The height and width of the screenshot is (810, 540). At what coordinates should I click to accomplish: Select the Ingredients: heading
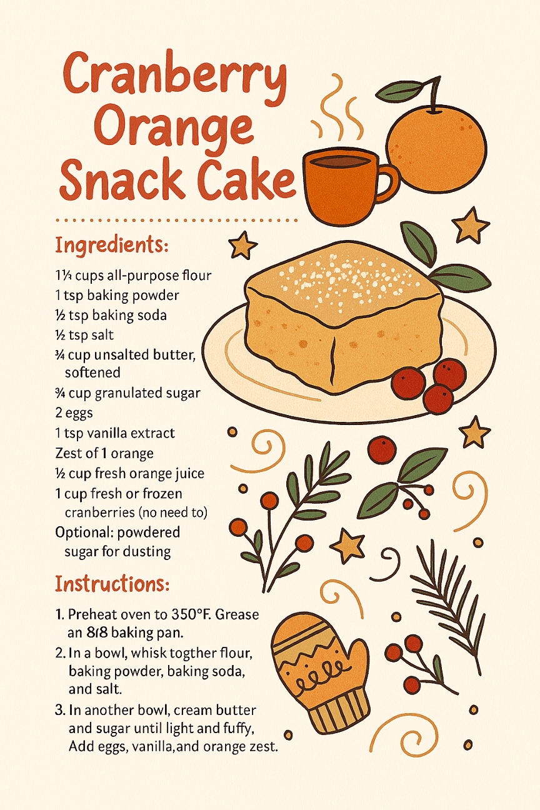click(x=112, y=246)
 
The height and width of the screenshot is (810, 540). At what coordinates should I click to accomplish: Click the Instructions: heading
click(x=112, y=583)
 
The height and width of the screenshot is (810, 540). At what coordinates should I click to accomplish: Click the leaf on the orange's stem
click(x=399, y=91)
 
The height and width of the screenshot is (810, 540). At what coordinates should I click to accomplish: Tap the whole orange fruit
click(x=435, y=147)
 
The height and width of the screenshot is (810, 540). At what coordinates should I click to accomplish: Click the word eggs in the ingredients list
click(x=79, y=413)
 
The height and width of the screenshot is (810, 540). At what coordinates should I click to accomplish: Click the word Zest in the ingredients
click(x=68, y=453)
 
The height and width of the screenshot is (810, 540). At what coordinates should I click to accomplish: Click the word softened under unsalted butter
click(x=92, y=372)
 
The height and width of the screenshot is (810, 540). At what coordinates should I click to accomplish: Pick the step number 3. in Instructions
click(x=60, y=710)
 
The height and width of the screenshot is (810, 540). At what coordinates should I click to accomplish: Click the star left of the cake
click(x=242, y=246)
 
